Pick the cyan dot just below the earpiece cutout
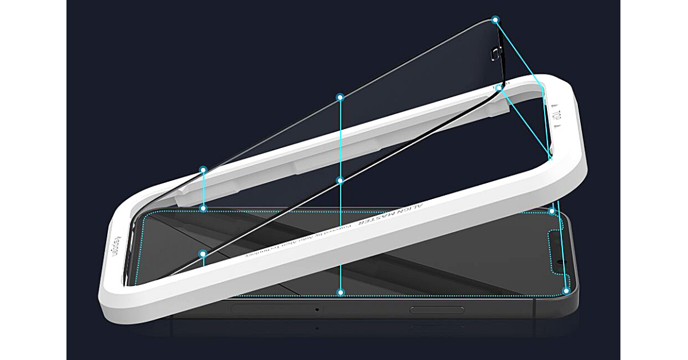tap(499, 88)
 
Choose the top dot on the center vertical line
tap(340, 97)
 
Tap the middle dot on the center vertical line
tap(340, 181)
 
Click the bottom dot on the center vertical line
tap(341, 292)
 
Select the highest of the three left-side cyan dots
tap(203, 170)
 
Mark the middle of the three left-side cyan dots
tap(203, 208)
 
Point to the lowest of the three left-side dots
tap(203, 253)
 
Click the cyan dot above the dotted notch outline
tap(552, 212)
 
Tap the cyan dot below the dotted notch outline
tap(566, 291)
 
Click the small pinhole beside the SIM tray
tap(316, 310)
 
